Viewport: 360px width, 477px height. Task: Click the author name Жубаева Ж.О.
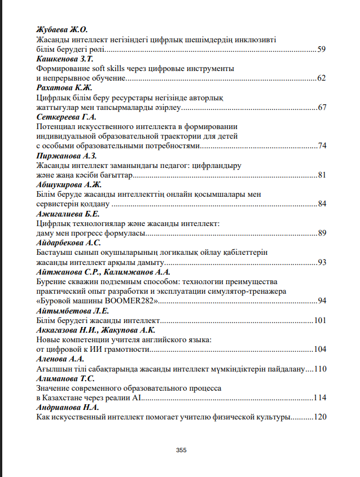tap(62, 29)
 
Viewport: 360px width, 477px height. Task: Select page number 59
tap(322, 50)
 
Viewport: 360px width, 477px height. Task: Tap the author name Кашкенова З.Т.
tap(64, 59)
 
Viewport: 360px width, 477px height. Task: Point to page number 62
tap(322, 78)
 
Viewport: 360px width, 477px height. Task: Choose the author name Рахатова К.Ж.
tap(64, 88)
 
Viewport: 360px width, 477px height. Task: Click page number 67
tap(322, 107)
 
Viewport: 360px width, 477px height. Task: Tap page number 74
tap(322, 145)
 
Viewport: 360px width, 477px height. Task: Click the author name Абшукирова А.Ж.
tap(68, 185)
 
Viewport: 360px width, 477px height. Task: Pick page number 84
tap(322, 204)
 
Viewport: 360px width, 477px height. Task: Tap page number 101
tap(320, 320)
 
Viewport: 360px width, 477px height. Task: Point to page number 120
tap(320, 417)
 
